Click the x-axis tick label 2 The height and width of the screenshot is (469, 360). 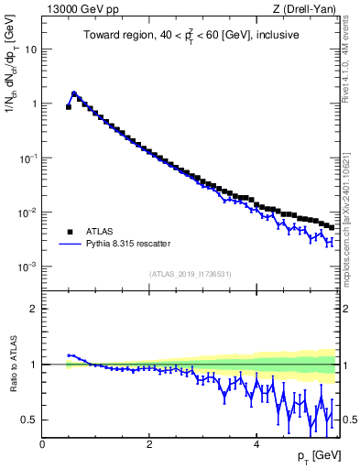pos(148,444)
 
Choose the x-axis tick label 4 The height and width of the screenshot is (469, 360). pos(256,444)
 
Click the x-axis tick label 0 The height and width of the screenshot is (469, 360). pos(42,444)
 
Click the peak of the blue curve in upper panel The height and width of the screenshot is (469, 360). pos(73,93)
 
